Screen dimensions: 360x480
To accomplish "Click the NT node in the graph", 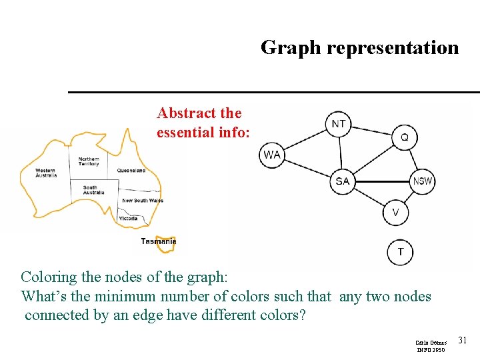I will click(x=339, y=124).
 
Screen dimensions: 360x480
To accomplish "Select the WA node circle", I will click(x=271, y=155).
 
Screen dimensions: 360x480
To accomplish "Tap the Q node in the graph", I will click(x=404, y=137).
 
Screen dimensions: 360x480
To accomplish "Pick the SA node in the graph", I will click(x=343, y=181).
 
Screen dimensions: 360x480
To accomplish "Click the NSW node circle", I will click(x=422, y=181).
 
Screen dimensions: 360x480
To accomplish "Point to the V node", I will click(x=396, y=213).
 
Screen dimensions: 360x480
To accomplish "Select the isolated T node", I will click(x=400, y=252).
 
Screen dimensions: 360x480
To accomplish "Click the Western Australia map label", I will click(x=46, y=173).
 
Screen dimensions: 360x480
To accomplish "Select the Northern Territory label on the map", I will click(x=88, y=161).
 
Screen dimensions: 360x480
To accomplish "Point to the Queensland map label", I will click(x=131, y=171).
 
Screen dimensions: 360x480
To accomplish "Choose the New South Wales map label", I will click(x=142, y=201).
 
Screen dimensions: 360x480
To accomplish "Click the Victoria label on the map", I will click(x=129, y=218).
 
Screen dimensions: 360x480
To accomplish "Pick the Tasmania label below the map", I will click(x=157, y=241).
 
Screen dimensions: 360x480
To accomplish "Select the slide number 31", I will click(x=463, y=341).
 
